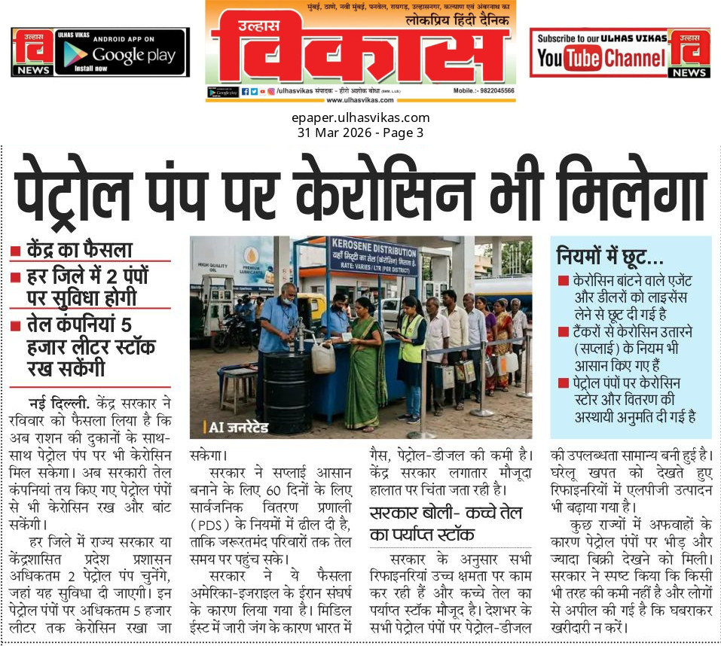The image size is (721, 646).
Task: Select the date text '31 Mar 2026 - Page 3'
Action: pyautogui.click(x=360, y=133)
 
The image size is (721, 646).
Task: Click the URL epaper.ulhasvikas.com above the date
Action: pyautogui.click(x=360, y=117)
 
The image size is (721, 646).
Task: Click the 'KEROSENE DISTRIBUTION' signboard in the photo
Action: pyautogui.click(x=373, y=256)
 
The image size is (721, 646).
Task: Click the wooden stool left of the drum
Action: pyautogui.click(x=240, y=385)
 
